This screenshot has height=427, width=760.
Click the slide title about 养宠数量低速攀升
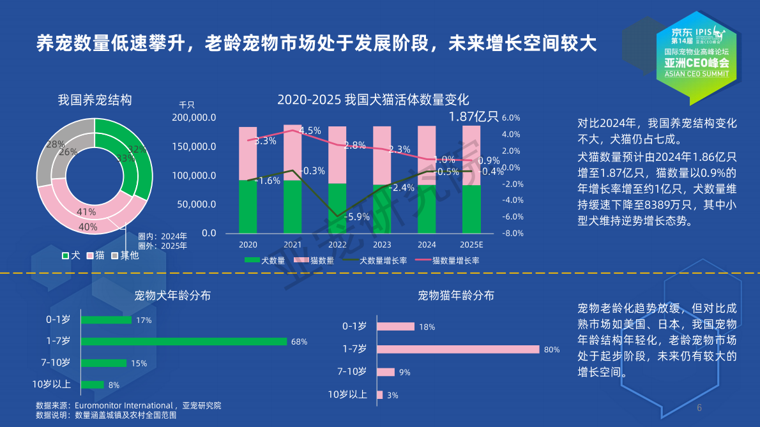tap(316, 43)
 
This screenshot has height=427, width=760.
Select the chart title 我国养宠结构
tap(95, 100)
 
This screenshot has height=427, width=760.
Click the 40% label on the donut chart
tap(88, 227)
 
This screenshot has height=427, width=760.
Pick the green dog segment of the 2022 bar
tap(337, 208)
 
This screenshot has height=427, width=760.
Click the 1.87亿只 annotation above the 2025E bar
tap(473, 116)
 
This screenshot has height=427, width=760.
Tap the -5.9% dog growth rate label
tap(356, 216)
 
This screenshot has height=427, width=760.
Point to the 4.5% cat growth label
tap(310, 130)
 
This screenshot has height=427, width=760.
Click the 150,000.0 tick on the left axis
tap(194, 146)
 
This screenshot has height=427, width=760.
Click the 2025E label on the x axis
tap(471, 245)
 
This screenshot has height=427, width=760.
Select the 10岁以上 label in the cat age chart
tap(347, 394)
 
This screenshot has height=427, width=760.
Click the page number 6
tap(699, 408)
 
